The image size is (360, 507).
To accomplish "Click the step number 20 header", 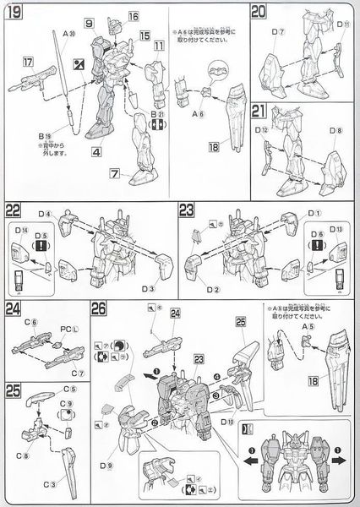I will point(260,11).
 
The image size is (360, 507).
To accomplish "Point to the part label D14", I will point(19,230).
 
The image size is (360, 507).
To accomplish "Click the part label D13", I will point(335,231).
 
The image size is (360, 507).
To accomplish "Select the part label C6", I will point(31,322).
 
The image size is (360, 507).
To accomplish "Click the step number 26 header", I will point(100,310).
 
